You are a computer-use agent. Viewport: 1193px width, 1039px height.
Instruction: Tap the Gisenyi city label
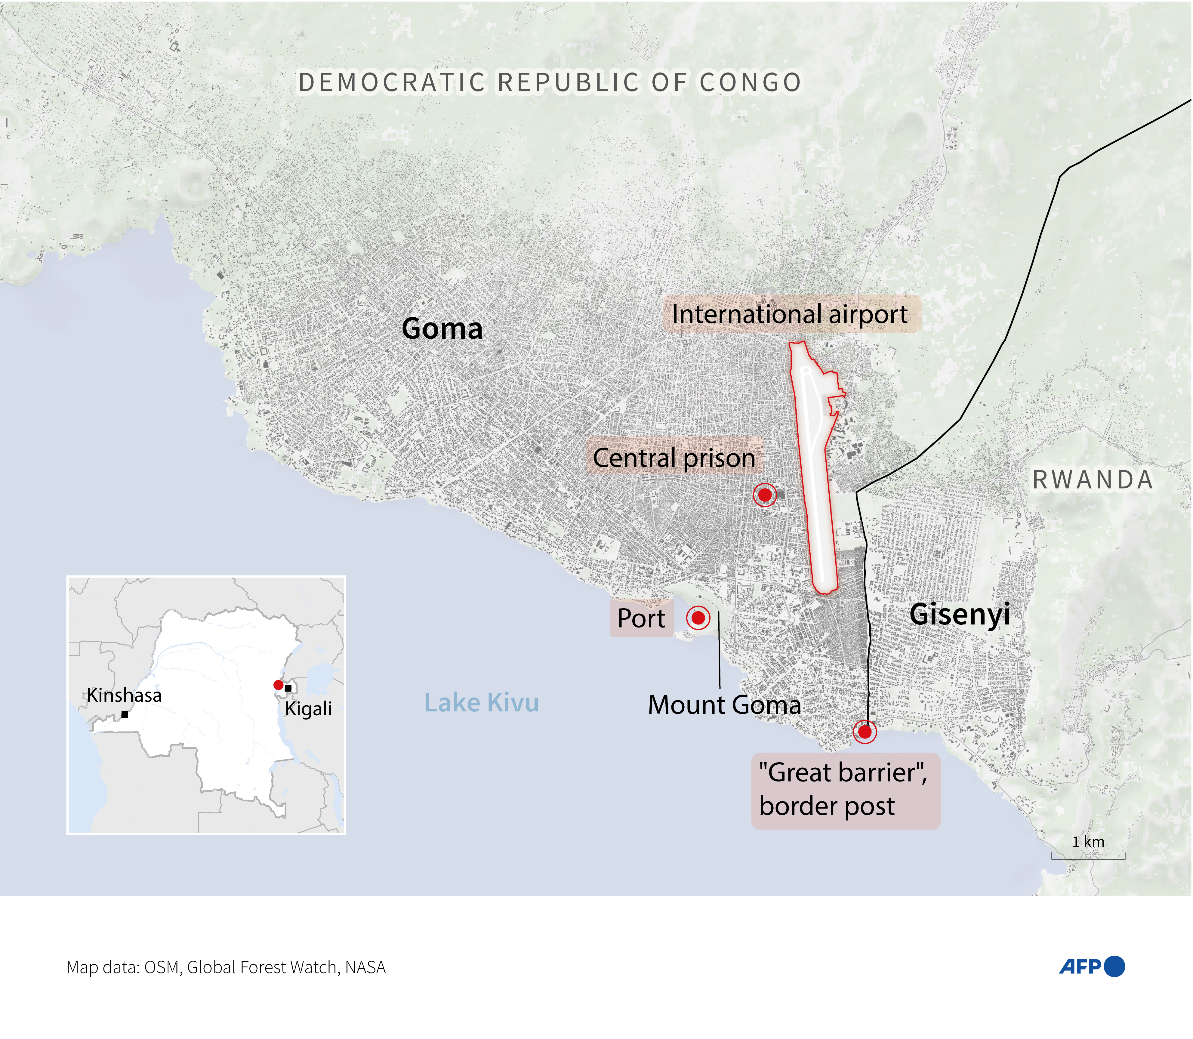959,614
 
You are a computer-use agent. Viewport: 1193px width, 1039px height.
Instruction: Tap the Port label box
641,618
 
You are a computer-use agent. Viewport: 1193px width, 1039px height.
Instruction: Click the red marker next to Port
698,618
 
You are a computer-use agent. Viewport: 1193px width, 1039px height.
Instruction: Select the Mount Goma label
724,705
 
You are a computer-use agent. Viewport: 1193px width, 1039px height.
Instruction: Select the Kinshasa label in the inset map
124,695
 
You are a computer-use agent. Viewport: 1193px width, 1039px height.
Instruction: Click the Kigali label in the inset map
308,708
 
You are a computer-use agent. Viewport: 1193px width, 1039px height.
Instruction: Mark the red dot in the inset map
278,685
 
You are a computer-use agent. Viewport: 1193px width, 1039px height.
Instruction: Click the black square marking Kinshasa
125,714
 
